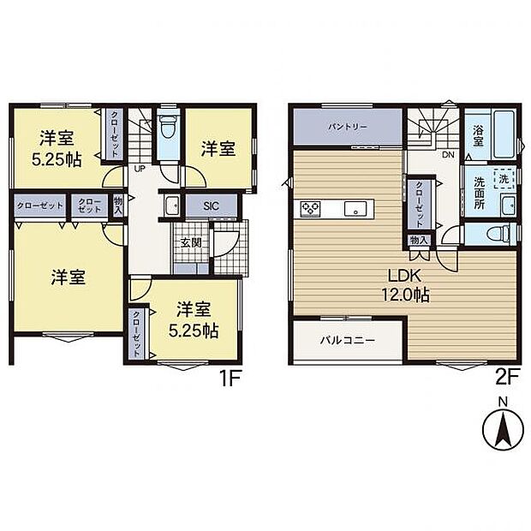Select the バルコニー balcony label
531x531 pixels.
click(x=348, y=340)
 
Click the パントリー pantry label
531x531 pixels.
click(x=347, y=127)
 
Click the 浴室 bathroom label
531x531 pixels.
click(x=478, y=137)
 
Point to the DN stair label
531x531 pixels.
click(x=447, y=156)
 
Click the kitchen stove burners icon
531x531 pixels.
click(x=309, y=208)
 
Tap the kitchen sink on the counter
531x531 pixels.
click(x=350, y=208)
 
